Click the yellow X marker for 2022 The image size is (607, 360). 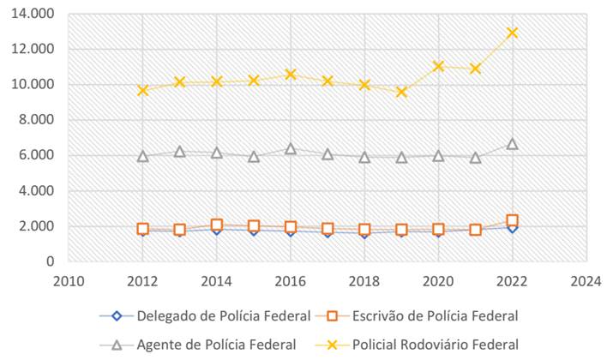[x=513, y=33]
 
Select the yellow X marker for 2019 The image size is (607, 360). [x=402, y=92]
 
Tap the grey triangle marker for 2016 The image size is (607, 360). [x=291, y=148]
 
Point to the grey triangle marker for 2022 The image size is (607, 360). [x=513, y=143]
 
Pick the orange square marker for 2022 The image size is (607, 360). [x=513, y=220]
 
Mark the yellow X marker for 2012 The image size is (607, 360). [x=143, y=89]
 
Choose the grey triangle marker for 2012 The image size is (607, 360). [x=143, y=156]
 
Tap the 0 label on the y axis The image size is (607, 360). [x=49, y=261]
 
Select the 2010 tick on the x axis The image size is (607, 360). [x=69, y=279]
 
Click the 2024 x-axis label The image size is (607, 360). [x=586, y=279]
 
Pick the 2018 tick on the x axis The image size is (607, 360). [x=365, y=279]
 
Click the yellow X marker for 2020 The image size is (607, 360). [x=439, y=66]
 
